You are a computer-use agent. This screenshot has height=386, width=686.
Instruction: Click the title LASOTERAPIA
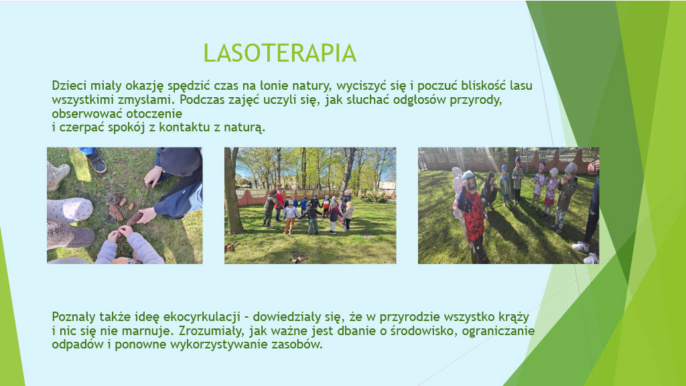(x=279, y=53)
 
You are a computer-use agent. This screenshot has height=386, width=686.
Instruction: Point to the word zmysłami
(x=145, y=100)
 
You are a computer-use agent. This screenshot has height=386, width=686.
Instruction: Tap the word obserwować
(x=87, y=113)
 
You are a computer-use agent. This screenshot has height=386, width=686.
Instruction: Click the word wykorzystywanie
(x=219, y=344)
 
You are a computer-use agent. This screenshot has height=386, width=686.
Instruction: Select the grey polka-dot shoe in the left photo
(x=70, y=209)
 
